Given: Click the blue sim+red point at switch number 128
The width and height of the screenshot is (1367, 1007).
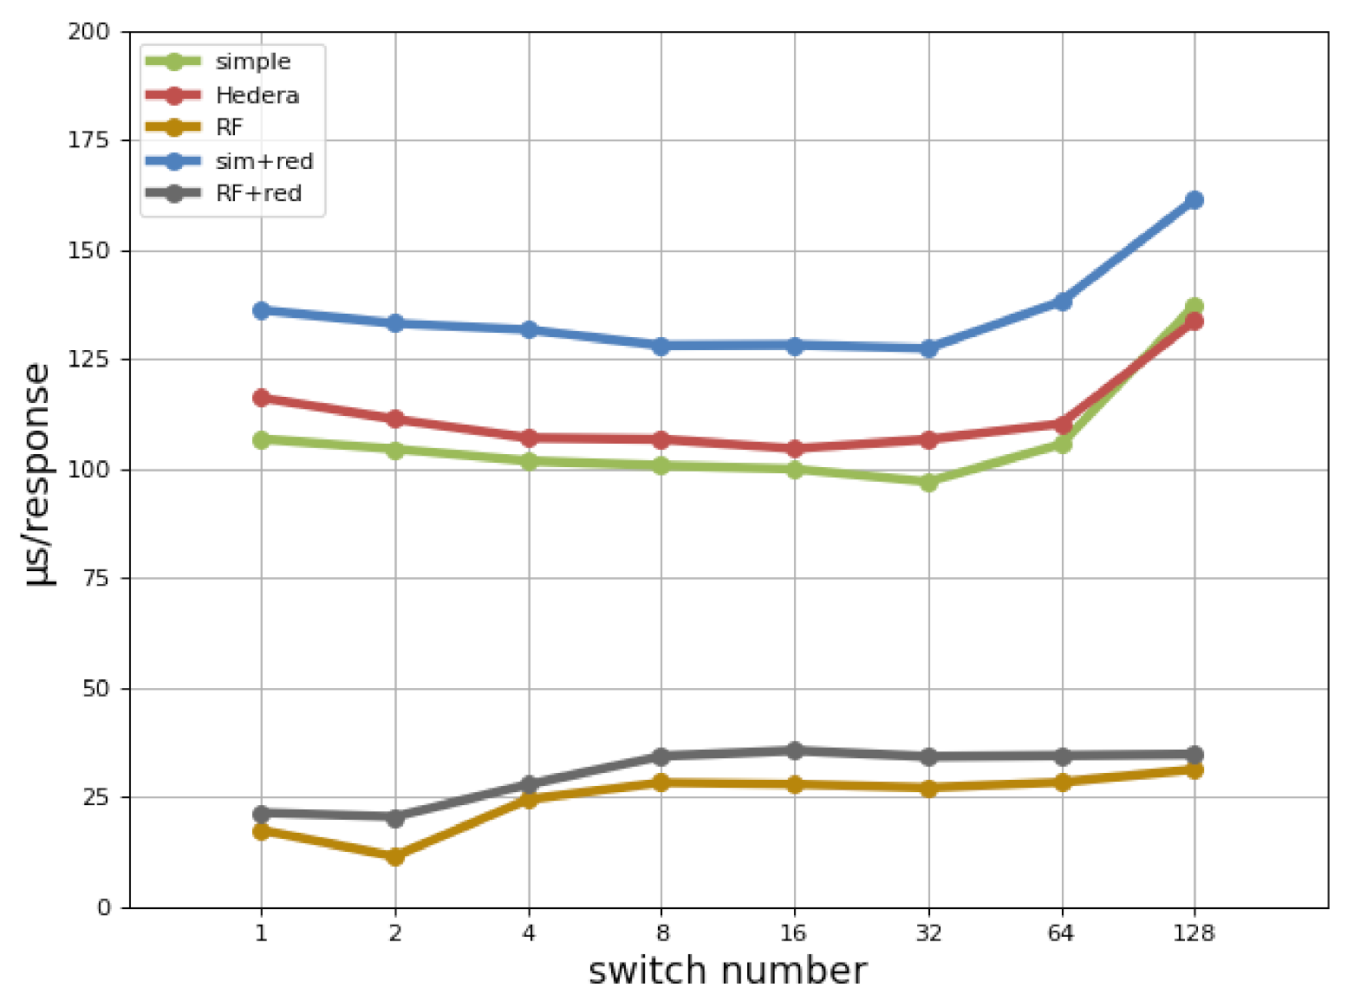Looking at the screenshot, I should point(1194,200).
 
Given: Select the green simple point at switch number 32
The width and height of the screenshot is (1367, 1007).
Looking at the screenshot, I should point(928,482).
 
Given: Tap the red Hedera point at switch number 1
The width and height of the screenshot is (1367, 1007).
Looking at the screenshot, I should point(261,398).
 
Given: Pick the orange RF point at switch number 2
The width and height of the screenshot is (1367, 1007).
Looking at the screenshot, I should point(395,856).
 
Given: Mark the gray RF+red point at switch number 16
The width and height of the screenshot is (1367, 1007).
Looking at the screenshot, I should point(794,750).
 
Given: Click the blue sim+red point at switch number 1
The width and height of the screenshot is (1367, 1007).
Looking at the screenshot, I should point(261,310).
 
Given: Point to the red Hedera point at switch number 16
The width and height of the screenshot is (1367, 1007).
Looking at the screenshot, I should point(794,449).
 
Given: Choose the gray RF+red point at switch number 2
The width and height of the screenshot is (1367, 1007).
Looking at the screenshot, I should point(395,817).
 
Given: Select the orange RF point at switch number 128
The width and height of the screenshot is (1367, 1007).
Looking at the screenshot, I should point(1194,770).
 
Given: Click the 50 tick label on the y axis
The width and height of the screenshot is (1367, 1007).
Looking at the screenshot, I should point(95,689).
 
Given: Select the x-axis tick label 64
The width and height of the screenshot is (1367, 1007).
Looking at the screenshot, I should point(1061,933).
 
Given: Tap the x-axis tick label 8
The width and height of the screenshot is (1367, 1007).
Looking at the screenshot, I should point(662,933).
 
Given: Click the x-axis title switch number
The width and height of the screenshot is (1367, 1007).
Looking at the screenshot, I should point(727,971).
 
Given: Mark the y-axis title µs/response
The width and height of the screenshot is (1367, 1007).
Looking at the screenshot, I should point(38,474).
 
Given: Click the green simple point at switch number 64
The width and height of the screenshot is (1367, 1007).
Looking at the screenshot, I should point(1062,444).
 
